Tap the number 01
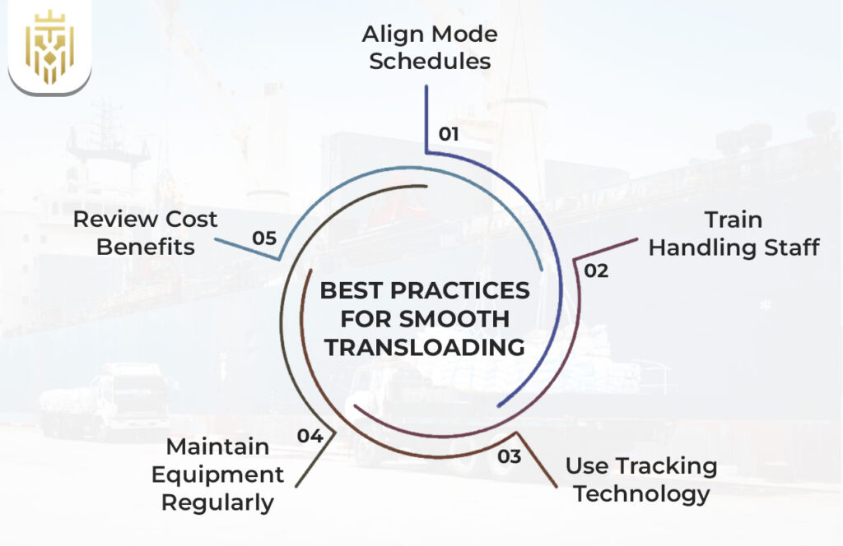coord(449,134)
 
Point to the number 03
coord(510,456)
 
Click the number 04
coord(310,437)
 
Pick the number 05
coord(264,238)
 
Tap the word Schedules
coord(430,62)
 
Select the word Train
coord(734,220)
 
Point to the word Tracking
coord(667,466)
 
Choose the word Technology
coord(641,493)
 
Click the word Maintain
coord(217,447)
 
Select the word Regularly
coord(217,502)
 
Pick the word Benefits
coord(146,247)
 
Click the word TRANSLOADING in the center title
coord(424,347)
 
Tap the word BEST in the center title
coord(350,291)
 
